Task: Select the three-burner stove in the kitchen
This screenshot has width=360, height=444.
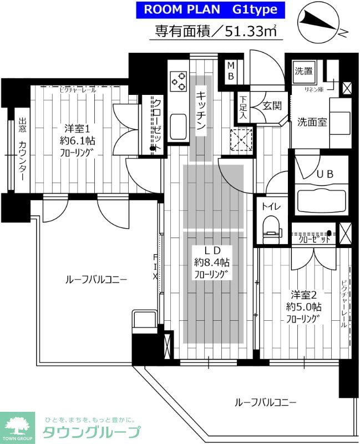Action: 179,82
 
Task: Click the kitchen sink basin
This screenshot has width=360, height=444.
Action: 178,127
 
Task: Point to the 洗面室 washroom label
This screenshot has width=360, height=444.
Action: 311,122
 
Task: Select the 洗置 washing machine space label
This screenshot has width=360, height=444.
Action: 303,71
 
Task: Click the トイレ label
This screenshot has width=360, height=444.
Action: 271,206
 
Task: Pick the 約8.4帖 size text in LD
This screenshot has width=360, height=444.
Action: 211,262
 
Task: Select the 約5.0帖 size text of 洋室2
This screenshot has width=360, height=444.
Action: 303,306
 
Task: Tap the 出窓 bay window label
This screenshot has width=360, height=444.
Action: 22,126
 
